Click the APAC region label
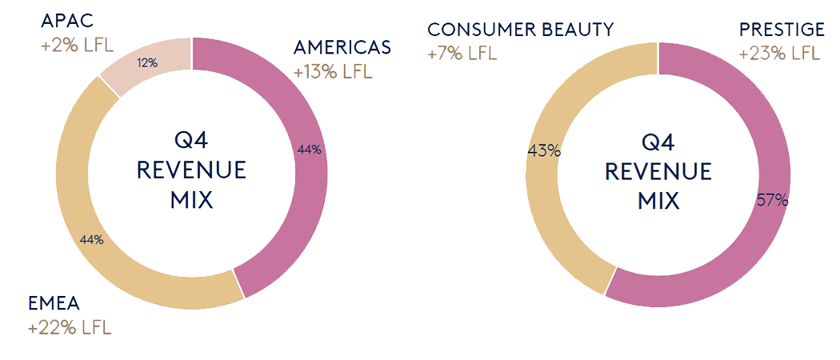[x=66, y=19]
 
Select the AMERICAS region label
[x=342, y=47]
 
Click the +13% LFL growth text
[x=333, y=72]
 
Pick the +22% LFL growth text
[x=70, y=328]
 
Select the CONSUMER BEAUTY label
[x=521, y=30]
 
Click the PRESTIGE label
[x=782, y=30]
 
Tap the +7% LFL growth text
[x=462, y=54]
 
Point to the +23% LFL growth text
[x=779, y=54]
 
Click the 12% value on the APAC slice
[x=147, y=62]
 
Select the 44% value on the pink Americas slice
[x=308, y=150]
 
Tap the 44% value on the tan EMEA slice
[x=91, y=239]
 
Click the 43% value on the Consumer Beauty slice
[x=544, y=150]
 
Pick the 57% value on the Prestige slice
[x=772, y=201]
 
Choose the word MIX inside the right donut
[x=658, y=200]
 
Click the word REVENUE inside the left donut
[x=191, y=171]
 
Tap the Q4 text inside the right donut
[x=658, y=142]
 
